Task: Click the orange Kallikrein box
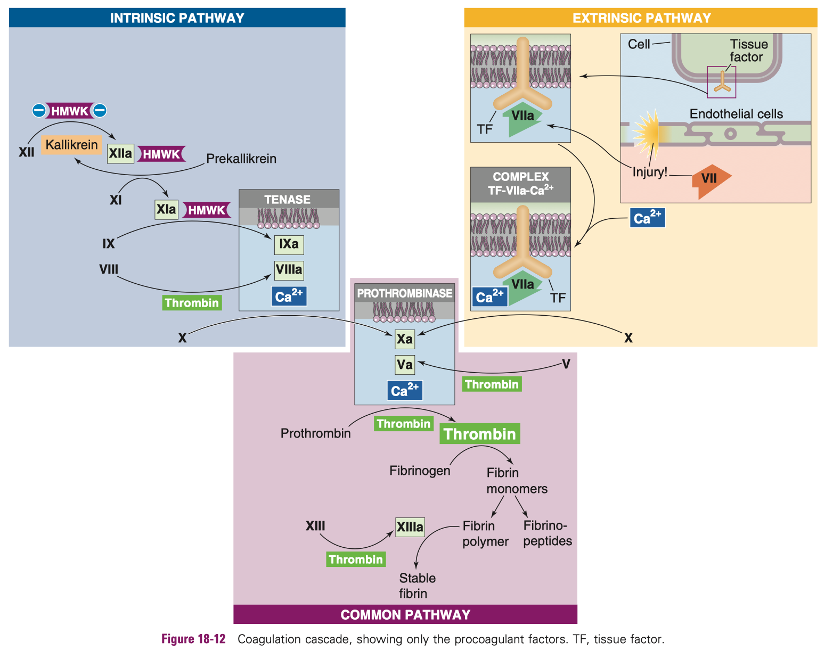(x=71, y=145)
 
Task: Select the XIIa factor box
(x=120, y=154)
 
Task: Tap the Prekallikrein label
(x=241, y=159)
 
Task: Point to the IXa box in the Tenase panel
(x=289, y=244)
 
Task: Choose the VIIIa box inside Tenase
(x=289, y=270)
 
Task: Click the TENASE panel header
(x=288, y=200)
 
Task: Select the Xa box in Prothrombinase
(x=405, y=339)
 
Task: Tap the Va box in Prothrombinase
(x=405, y=365)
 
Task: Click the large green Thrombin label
(x=479, y=434)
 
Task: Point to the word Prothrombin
(x=315, y=433)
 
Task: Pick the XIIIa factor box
(x=410, y=527)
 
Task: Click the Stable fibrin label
(x=416, y=586)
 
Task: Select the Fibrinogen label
(x=420, y=471)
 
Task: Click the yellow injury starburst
(x=646, y=131)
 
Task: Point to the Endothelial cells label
(x=736, y=114)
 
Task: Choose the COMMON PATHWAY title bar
(x=405, y=615)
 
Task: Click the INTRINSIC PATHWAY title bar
(x=177, y=18)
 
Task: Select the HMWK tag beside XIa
(x=207, y=210)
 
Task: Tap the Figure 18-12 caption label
(x=193, y=639)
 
